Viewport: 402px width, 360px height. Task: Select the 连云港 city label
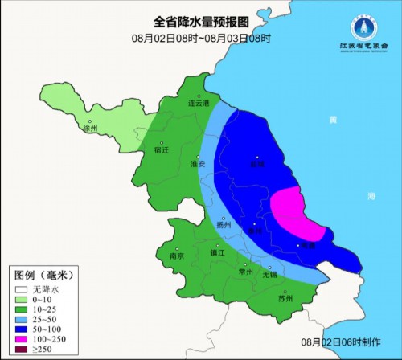click(x=198, y=104)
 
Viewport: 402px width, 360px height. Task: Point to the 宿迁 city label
click(x=161, y=149)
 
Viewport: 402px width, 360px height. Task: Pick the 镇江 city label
click(x=217, y=252)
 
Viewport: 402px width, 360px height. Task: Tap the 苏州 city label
click(x=285, y=298)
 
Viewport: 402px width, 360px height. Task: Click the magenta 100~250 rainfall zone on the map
click(x=296, y=211)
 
